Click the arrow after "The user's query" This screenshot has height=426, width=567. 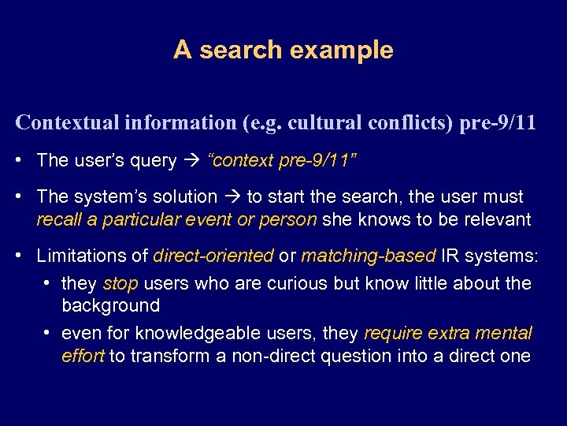pyautogui.click(x=191, y=161)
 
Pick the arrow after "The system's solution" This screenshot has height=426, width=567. pyautogui.click(x=232, y=196)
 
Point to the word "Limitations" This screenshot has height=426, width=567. pyautogui.click(x=76, y=256)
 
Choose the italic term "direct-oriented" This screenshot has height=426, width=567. pyautogui.click(x=213, y=256)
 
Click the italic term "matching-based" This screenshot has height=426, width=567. pyautogui.click(x=368, y=256)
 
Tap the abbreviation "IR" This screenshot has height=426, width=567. pyautogui.click(x=450, y=256)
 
